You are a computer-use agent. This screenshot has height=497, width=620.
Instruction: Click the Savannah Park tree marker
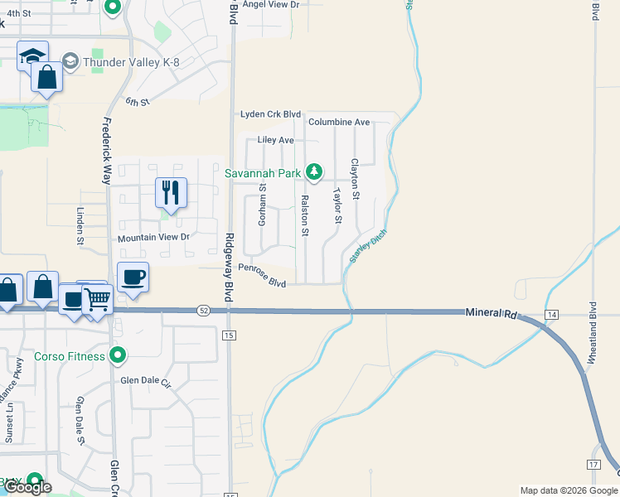tap(313, 172)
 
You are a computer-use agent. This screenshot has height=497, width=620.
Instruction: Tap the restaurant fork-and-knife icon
tap(171, 192)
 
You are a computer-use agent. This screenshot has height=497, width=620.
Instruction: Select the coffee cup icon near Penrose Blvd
tap(133, 277)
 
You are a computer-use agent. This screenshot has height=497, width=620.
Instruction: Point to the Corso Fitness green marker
tap(118, 356)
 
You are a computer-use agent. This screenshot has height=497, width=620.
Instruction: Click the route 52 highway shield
tap(203, 311)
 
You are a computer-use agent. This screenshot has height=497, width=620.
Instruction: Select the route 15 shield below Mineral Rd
tap(230, 335)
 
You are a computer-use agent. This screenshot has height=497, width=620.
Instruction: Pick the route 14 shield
tap(552, 316)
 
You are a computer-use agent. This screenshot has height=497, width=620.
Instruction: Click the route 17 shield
tap(593, 465)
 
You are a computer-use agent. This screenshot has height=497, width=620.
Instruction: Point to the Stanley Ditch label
tap(368, 246)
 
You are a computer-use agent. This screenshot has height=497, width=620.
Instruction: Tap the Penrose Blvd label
tap(262, 275)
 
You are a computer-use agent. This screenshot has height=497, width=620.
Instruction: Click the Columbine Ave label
tap(338, 122)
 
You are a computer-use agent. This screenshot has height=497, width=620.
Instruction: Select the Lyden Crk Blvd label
tap(270, 114)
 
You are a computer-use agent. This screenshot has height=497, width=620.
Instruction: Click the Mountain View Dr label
tap(153, 238)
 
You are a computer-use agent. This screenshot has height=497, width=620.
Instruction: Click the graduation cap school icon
tap(32, 56)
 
